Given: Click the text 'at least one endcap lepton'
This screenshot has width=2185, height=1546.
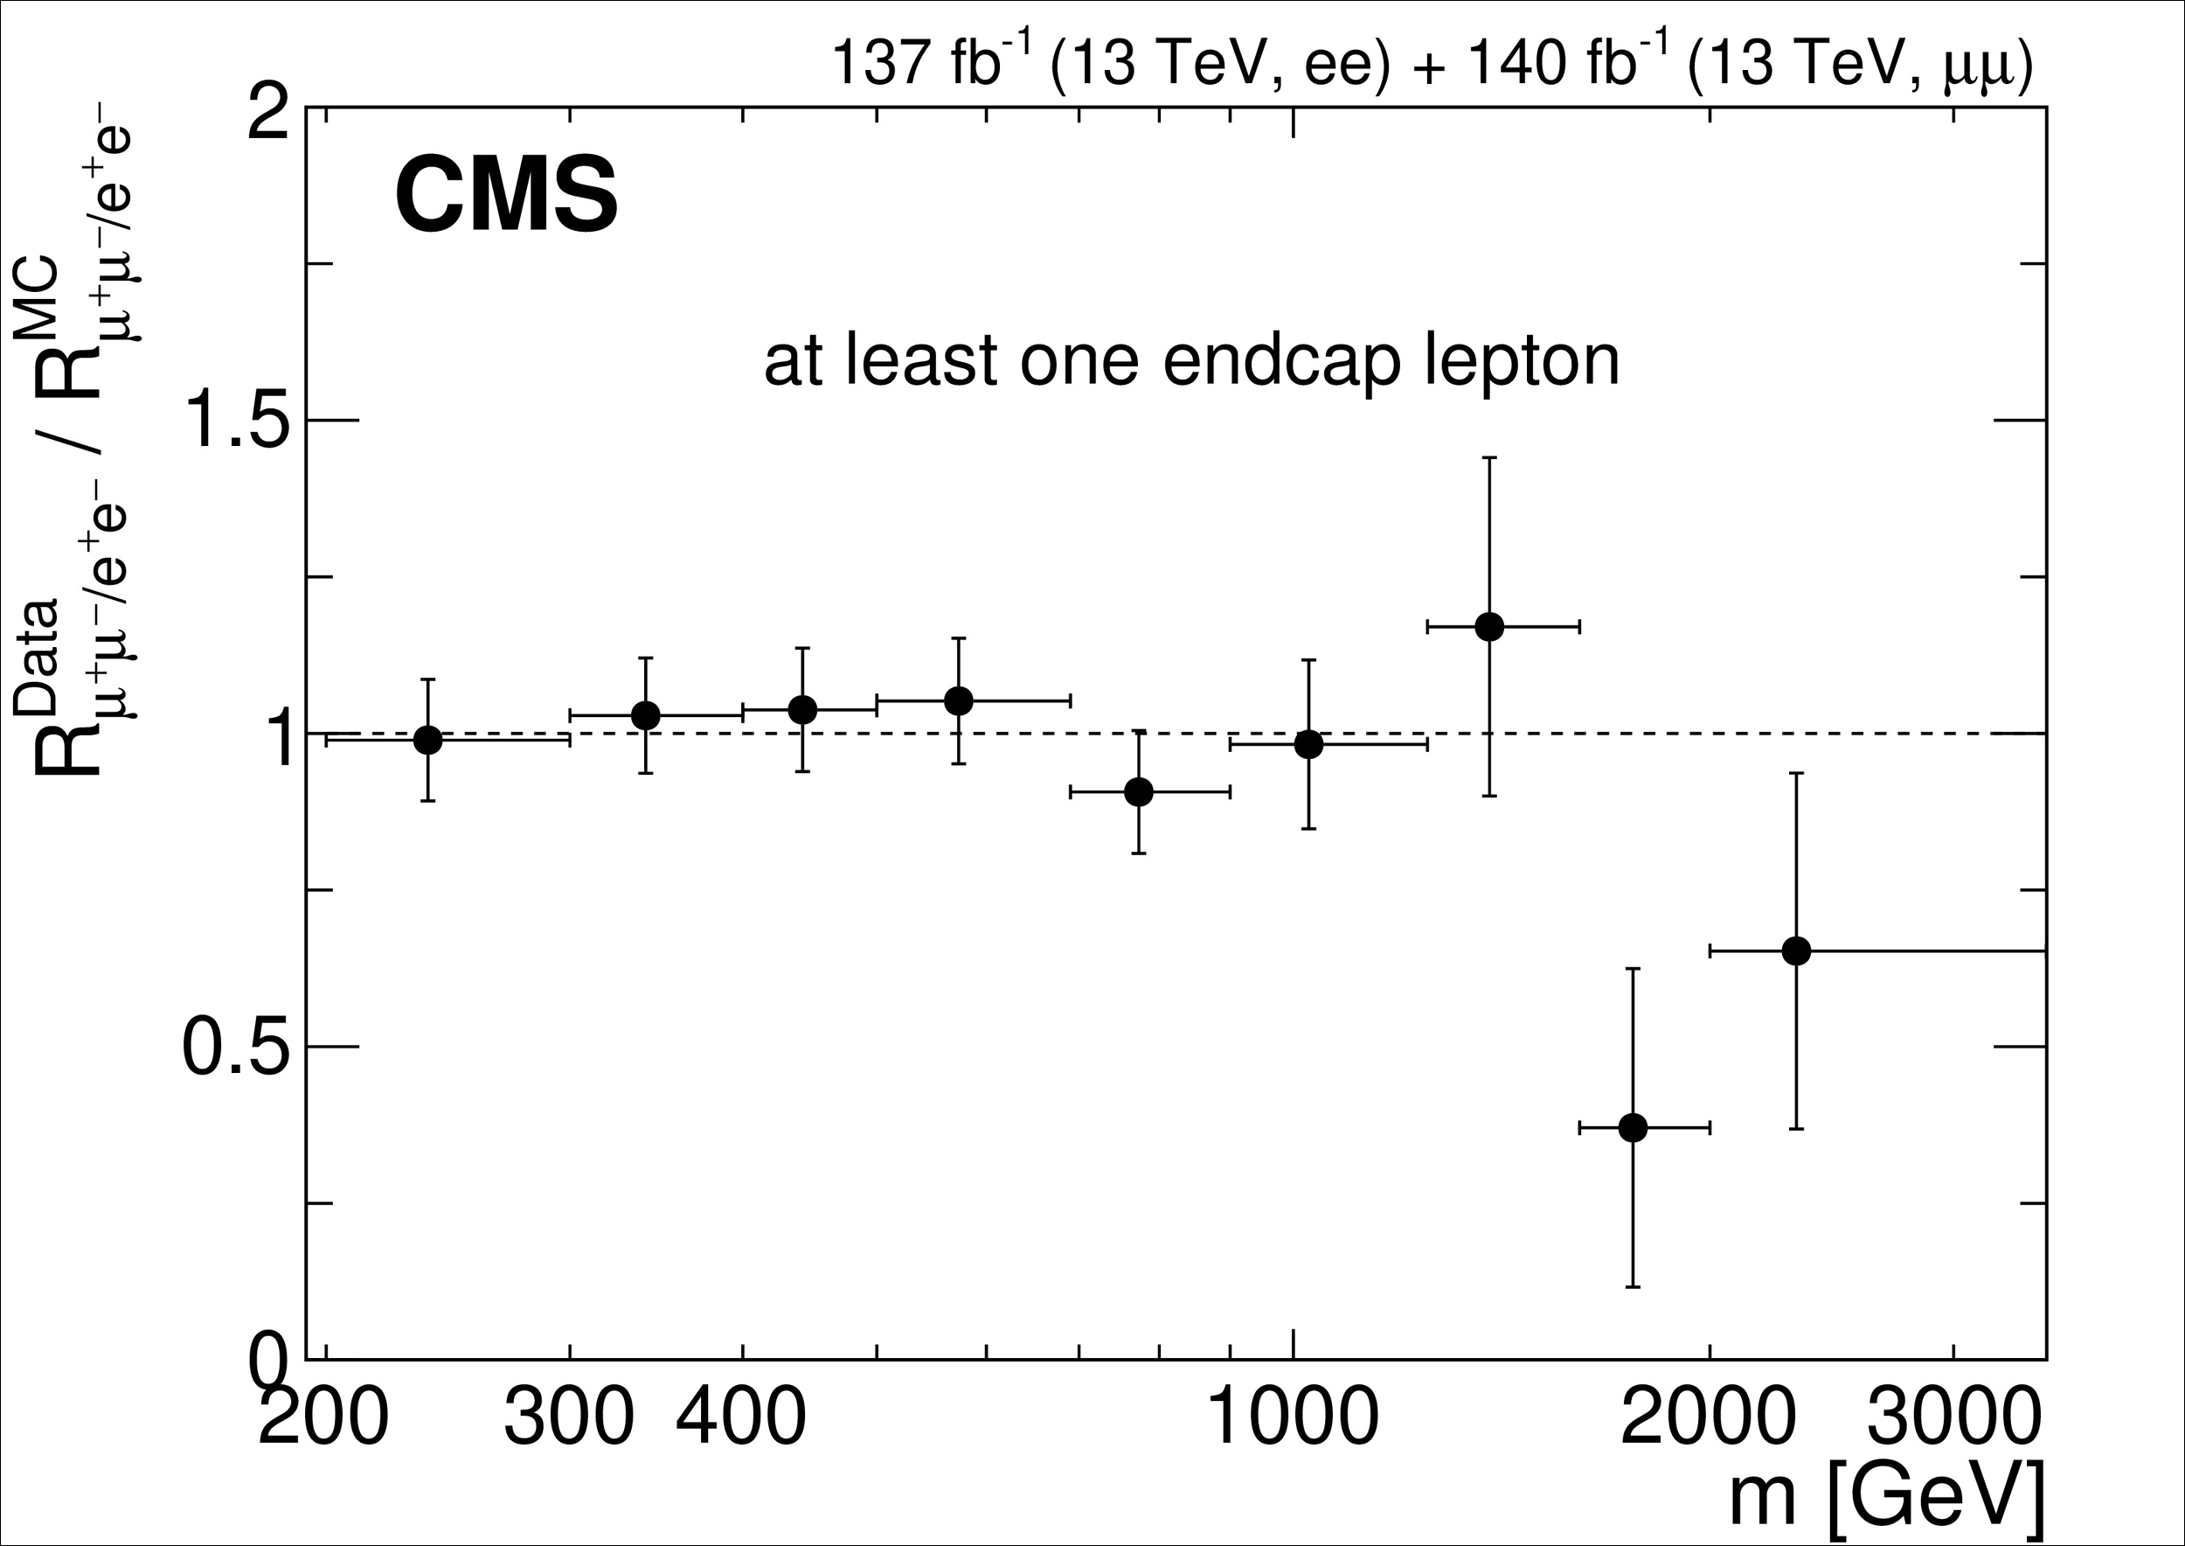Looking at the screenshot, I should (1191, 363).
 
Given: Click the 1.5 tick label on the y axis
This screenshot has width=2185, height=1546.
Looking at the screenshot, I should (235, 420).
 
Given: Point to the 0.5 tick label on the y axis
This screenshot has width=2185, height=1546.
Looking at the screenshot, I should (235, 1048).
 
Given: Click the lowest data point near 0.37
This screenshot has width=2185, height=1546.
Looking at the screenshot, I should (1633, 1128).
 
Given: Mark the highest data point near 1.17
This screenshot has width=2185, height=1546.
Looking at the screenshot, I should (1489, 626).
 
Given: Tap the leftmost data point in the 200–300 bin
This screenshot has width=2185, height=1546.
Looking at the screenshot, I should (428, 740).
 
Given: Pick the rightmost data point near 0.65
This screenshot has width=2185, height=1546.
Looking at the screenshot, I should (1796, 950).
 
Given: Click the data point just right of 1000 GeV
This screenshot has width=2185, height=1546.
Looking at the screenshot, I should (1308, 744).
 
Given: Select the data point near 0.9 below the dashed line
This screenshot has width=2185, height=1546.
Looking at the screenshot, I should (1138, 792).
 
